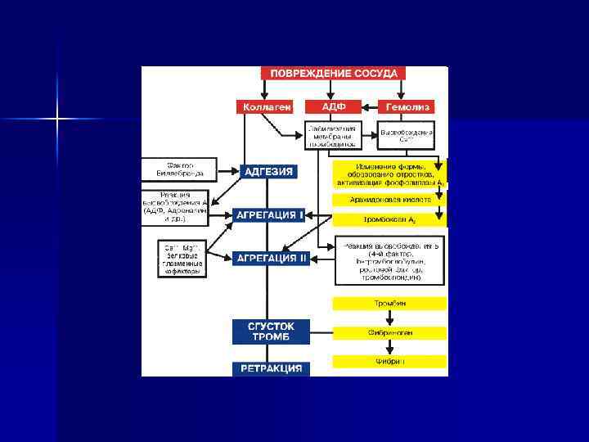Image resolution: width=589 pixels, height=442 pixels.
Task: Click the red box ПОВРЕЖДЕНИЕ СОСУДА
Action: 334,73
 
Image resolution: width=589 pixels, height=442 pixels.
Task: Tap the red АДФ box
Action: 334,107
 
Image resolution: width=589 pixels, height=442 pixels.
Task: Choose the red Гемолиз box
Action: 407,107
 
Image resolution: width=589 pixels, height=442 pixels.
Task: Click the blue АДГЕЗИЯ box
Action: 268,172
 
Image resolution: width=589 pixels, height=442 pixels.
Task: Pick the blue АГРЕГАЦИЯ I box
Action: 269,215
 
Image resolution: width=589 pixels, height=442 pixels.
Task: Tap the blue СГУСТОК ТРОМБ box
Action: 271,331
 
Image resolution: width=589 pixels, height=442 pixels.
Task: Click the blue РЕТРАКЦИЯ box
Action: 271,368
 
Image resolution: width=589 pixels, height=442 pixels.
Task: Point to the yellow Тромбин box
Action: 389,304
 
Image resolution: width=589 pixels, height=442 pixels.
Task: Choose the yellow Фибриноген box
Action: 389,333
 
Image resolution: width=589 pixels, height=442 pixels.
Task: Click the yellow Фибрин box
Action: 389,361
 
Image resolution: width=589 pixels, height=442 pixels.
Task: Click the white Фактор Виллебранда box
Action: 179,169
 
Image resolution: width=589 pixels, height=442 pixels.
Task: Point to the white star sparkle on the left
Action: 57,120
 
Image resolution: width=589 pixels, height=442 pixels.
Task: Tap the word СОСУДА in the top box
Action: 377,73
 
